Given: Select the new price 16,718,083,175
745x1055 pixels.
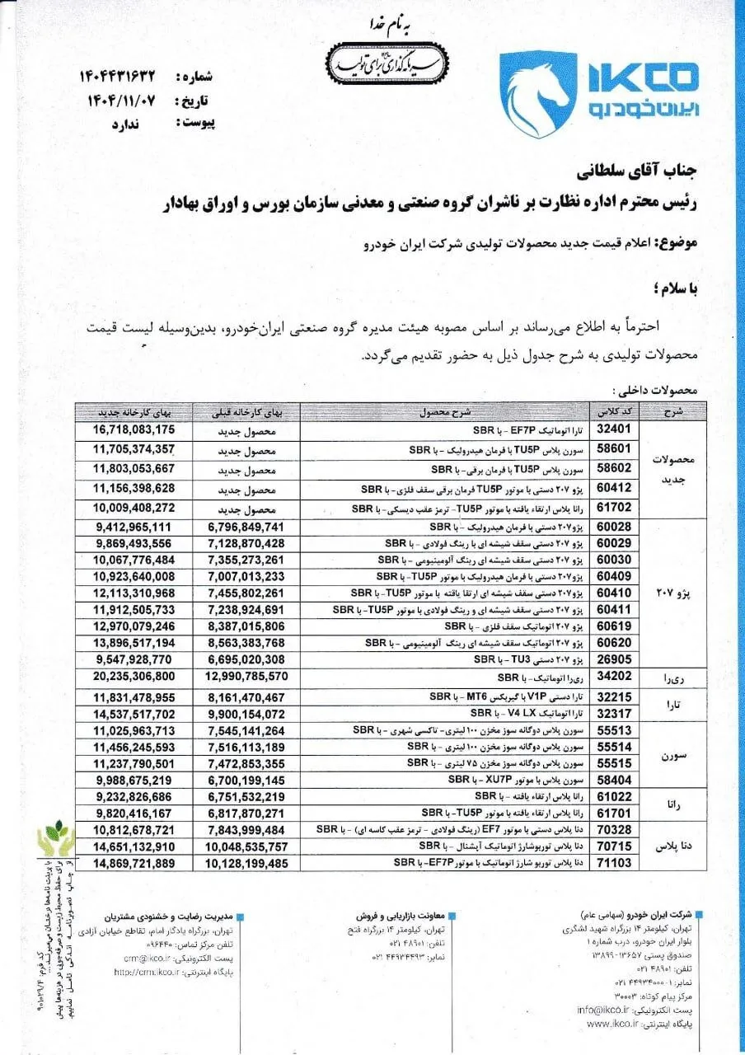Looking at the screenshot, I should (134, 429).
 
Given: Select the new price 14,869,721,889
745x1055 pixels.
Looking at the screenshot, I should (134, 862).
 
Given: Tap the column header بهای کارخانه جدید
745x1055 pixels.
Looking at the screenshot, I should (134, 412).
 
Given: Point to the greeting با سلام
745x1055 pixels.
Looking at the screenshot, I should (672, 288).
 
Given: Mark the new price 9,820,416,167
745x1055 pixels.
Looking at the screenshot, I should (134, 813).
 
